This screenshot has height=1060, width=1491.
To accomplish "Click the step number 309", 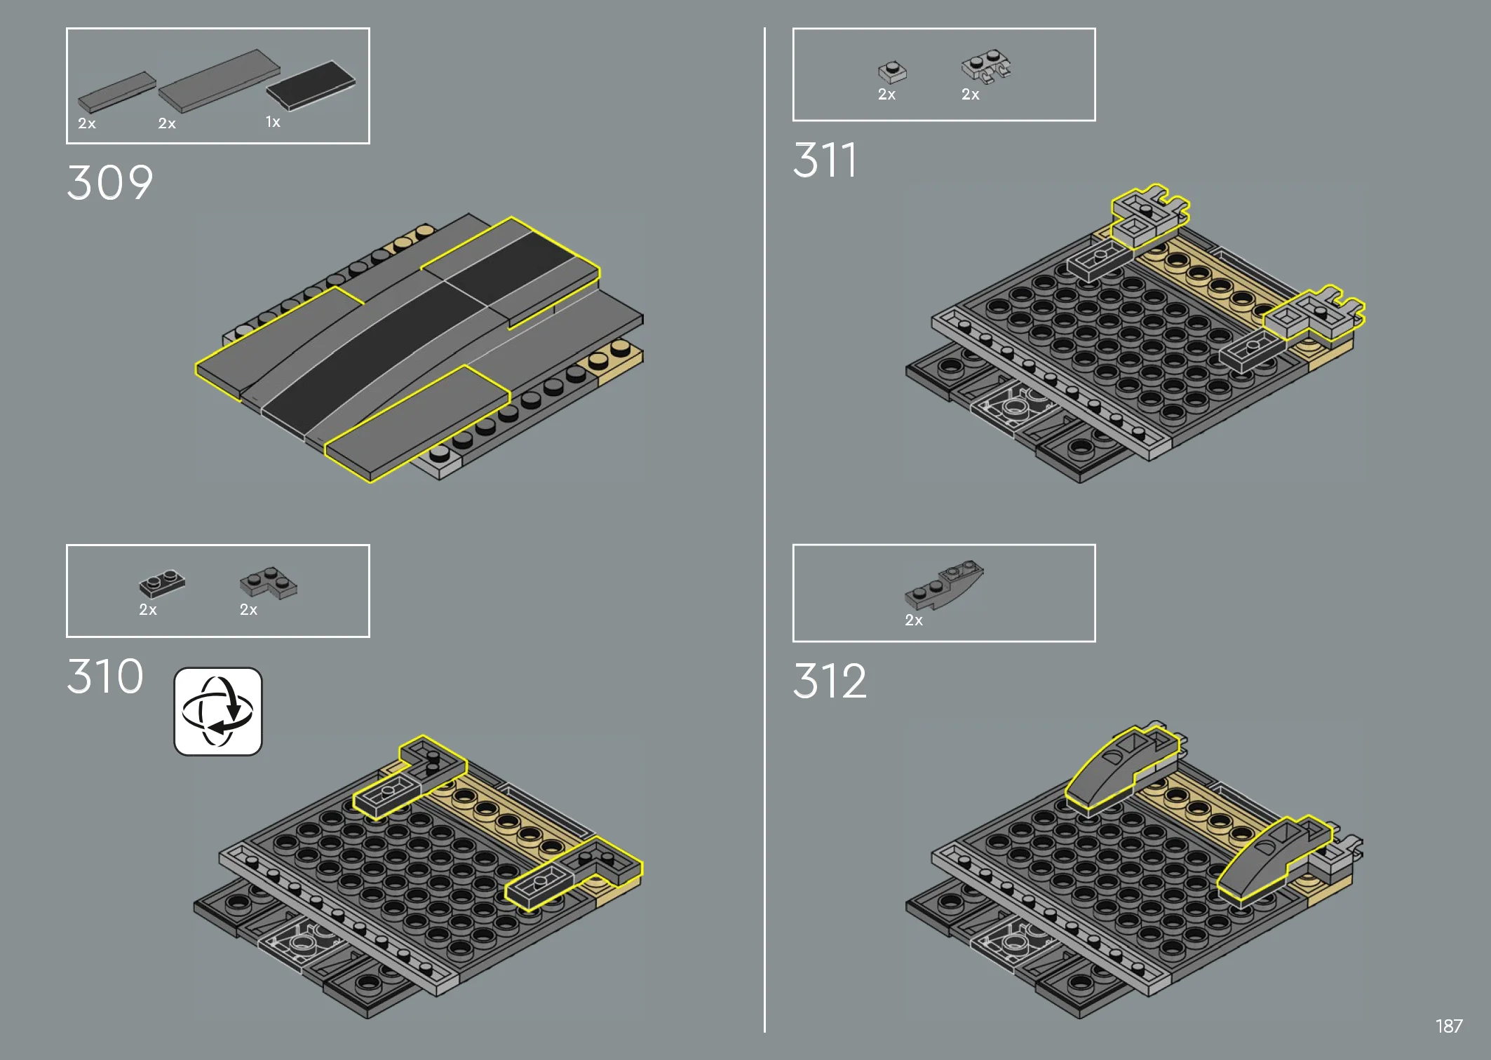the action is point(110,183).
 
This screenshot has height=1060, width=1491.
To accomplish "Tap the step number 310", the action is point(105,677).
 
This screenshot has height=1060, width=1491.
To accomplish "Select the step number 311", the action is point(825,160).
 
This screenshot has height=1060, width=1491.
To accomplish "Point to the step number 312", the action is point(830,681).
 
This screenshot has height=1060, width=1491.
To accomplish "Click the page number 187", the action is point(1449,1026).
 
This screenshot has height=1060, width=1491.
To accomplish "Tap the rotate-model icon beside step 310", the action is point(218,712).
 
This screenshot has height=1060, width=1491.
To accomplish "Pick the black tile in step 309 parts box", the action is point(311,86).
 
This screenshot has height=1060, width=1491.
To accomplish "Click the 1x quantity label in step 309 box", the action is point(273,122).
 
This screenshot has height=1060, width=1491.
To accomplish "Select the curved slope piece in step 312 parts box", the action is point(944,584).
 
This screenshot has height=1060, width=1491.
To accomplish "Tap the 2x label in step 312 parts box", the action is point(914,620).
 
